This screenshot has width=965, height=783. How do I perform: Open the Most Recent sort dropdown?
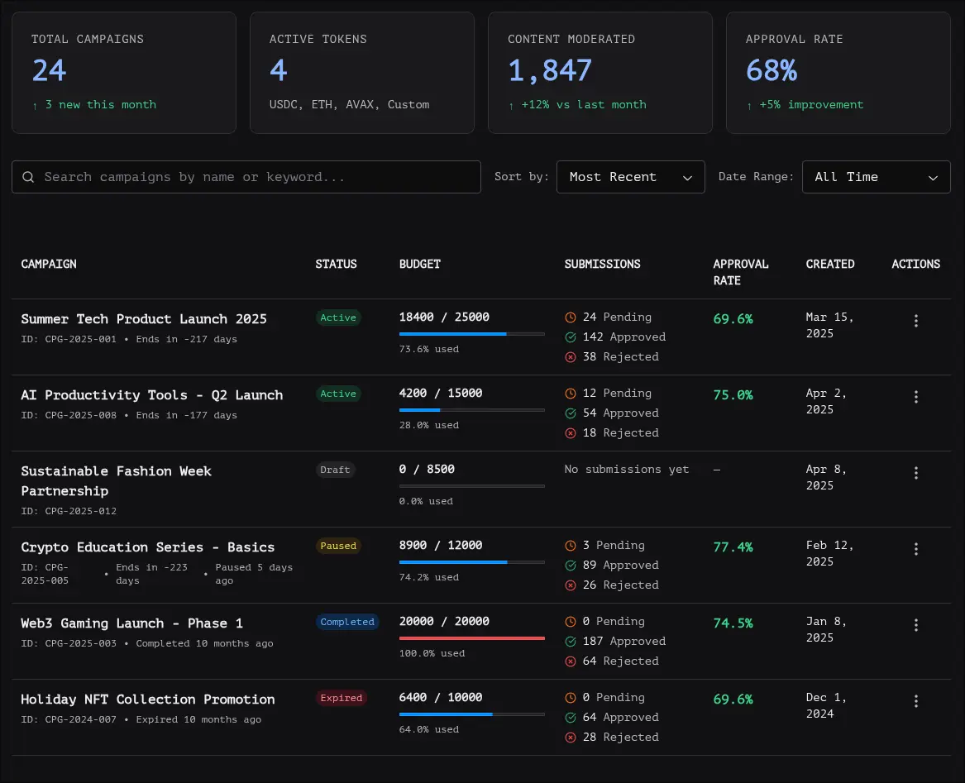pyautogui.click(x=630, y=177)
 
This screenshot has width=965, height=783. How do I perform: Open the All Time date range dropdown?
pyautogui.click(x=876, y=177)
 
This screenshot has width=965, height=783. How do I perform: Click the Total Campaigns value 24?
pyautogui.click(x=50, y=70)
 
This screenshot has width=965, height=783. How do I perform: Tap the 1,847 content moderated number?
pyautogui.click(x=550, y=70)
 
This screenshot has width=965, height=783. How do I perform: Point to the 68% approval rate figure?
pyautogui.click(x=772, y=70)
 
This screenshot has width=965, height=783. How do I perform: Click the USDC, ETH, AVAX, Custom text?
pyautogui.click(x=349, y=105)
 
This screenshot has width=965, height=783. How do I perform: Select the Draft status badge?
pyautogui.click(x=335, y=470)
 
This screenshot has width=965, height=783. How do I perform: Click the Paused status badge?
pyautogui.click(x=338, y=546)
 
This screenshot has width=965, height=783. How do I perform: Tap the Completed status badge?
pyautogui.click(x=347, y=622)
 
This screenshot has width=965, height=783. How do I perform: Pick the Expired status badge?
pyautogui.click(x=342, y=698)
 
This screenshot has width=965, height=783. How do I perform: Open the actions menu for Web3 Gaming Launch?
pyautogui.click(x=915, y=625)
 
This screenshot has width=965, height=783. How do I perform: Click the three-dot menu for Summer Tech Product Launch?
pyautogui.click(x=915, y=321)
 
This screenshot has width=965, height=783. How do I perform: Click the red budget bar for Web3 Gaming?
pyautogui.click(x=471, y=638)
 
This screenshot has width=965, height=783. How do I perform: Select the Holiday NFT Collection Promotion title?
pyautogui.click(x=148, y=699)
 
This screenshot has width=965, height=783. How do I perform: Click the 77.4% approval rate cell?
pyautogui.click(x=733, y=547)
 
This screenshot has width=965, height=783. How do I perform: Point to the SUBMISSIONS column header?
pyautogui.click(x=602, y=264)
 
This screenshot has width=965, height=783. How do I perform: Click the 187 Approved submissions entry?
pyautogui.click(x=624, y=641)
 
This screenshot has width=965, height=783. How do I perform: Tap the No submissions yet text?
pyautogui.click(x=626, y=469)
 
